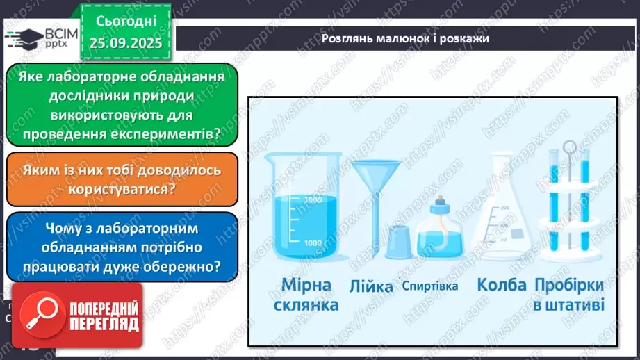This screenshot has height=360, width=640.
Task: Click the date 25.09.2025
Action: click(126, 42)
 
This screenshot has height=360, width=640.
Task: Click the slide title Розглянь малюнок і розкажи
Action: click(405, 38)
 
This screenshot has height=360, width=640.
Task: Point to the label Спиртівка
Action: click(430, 286)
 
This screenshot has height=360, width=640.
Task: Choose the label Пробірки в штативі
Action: click(569, 294)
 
